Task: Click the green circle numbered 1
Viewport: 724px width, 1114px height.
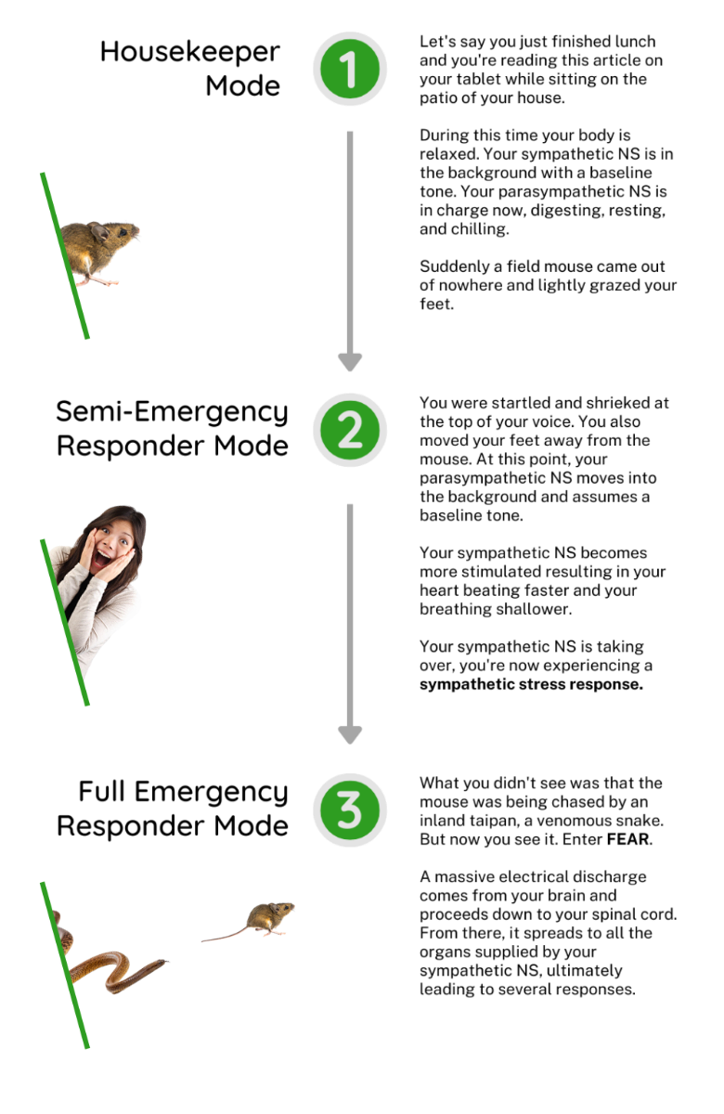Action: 350,69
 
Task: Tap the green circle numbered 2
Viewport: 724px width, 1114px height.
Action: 350,430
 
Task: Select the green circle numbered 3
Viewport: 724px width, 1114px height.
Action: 350,810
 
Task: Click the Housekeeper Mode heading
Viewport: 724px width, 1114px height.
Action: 190,69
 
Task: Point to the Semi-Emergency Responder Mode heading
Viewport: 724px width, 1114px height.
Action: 172,429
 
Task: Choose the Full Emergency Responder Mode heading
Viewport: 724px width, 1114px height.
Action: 172,809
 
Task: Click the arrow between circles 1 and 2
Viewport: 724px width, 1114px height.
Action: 350,252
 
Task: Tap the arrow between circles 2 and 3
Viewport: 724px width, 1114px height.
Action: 350,624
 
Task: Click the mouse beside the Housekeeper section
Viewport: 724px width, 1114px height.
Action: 98,252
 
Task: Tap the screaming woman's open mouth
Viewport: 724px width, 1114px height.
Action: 102,559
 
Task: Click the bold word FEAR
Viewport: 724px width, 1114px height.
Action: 628,839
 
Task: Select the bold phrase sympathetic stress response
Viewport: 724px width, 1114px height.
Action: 531,684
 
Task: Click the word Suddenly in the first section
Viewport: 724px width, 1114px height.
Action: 455,266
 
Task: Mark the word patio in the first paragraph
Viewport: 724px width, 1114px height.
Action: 437,98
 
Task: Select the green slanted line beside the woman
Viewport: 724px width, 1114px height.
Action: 65,622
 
